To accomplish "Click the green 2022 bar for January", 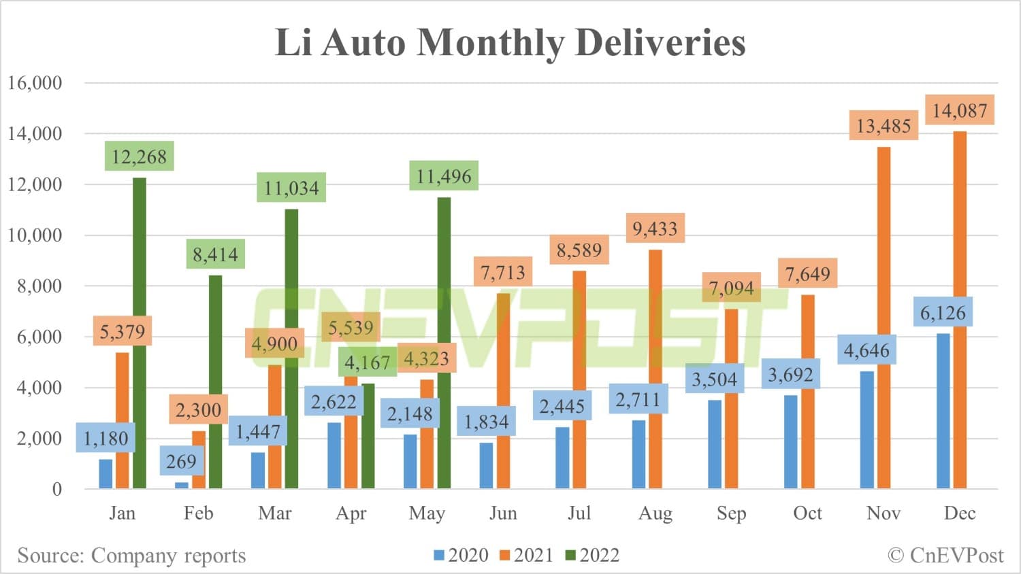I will pos(139,333).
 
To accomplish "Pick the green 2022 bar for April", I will pos(368,436).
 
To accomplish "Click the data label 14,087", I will pos(960,110).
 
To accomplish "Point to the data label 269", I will pos(181,462).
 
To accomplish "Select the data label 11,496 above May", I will pos(444,176).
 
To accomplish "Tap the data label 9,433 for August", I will pos(655,229).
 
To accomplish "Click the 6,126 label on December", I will pos(943,313).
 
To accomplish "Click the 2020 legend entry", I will pos(461,556).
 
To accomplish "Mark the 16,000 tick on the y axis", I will pos(35,83).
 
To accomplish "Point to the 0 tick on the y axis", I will pos(56,489).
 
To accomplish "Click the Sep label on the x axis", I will pos(731,513).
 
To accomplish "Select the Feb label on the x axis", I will pos(198,513).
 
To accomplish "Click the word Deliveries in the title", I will pos(660,42).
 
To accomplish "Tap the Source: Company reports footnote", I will pos(131,556).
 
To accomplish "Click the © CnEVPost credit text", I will pos(945,556).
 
